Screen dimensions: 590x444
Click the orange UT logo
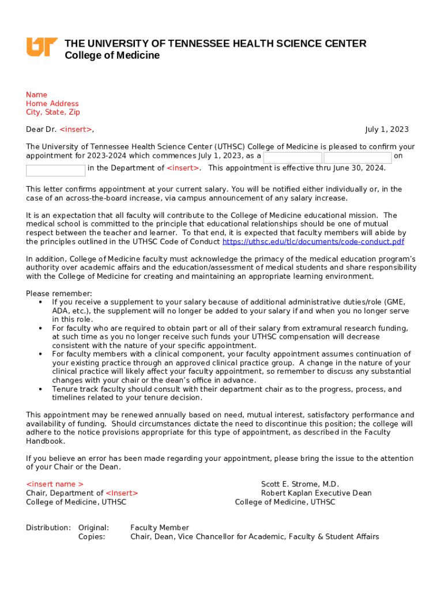point(42,47)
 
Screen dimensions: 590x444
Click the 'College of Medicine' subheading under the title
point(112,56)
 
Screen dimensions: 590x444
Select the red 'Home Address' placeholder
point(52,104)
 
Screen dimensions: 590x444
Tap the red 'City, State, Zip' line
point(53,112)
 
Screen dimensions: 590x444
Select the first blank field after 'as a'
point(292,158)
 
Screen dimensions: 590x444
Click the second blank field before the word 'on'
point(358,158)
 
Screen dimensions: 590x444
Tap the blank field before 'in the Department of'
point(56,171)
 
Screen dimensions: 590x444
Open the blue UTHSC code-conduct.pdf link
point(313,241)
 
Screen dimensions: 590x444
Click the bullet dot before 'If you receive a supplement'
point(40,302)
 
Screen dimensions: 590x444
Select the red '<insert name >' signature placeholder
point(55,484)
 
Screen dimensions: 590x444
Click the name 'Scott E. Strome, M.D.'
point(300,484)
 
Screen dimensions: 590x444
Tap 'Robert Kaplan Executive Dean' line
point(316,493)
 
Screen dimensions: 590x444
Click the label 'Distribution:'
point(48,528)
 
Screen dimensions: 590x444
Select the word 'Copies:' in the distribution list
point(92,536)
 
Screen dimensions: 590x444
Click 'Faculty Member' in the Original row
point(160,528)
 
